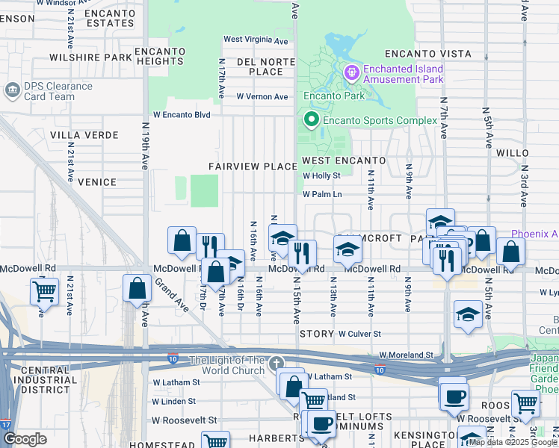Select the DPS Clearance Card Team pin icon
pos(13,90)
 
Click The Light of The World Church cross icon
pos(277,364)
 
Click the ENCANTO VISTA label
pos(427,54)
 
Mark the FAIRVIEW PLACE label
pos(253,166)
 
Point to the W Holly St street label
pos(321,176)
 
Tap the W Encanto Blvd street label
pos(182,115)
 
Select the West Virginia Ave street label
pos(256,40)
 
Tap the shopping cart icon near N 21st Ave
pos(44,290)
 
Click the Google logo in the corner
pos(25,439)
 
